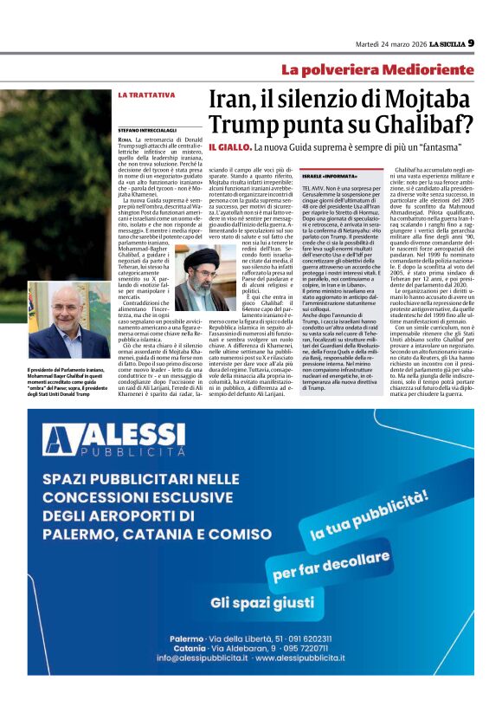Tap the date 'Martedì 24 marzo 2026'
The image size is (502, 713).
tap(392, 44)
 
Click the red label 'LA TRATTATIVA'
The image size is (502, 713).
tap(143, 94)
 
